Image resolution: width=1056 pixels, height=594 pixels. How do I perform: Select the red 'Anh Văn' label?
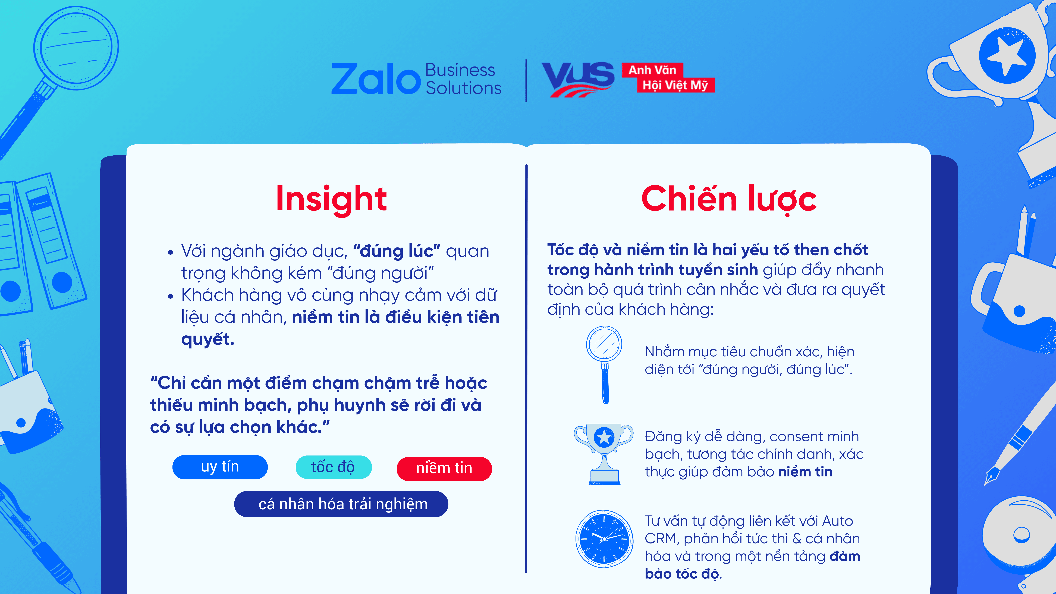click(x=652, y=70)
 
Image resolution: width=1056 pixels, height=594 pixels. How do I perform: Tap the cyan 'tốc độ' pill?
click(x=333, y=467)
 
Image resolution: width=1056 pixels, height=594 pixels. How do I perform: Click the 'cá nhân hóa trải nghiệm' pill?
click(x=341, y=504)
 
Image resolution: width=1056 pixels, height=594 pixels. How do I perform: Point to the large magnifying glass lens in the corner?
click(x=76, y=47)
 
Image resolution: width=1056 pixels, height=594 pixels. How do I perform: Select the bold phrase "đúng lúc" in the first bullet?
click(x=396, y=251)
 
